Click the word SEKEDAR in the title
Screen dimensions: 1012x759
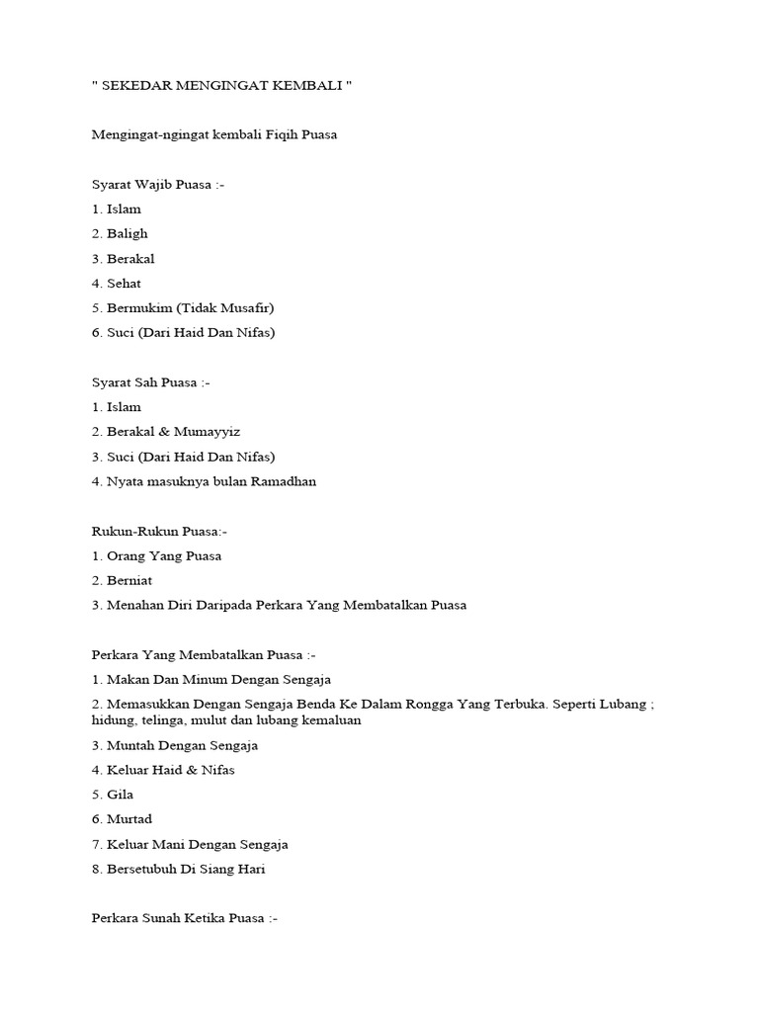pyautogui.click(x=133, y=86)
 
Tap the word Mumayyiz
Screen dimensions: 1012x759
pyautogui.click(x=211, y=432)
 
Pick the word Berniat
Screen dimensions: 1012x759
pyautogui.click(x=130, y=581)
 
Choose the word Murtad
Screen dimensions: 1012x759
pyautogui.click(x=129, y=819)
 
